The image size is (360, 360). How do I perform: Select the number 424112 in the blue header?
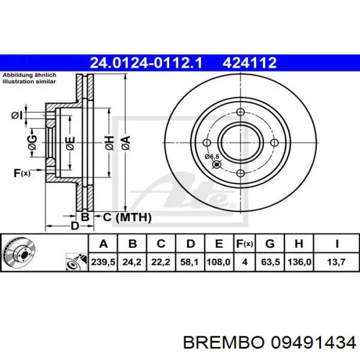coord(249,63)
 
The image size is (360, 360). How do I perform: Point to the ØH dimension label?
coord(109,143)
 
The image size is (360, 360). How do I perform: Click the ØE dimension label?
coord(70,143)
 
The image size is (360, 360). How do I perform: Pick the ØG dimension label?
coord(32,143)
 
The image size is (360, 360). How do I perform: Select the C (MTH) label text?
coord(127,218)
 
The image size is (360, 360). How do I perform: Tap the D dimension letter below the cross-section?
coord(75,226)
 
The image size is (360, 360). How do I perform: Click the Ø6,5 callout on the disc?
coord(211,156)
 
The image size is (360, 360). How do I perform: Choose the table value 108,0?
coord(218,262)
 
